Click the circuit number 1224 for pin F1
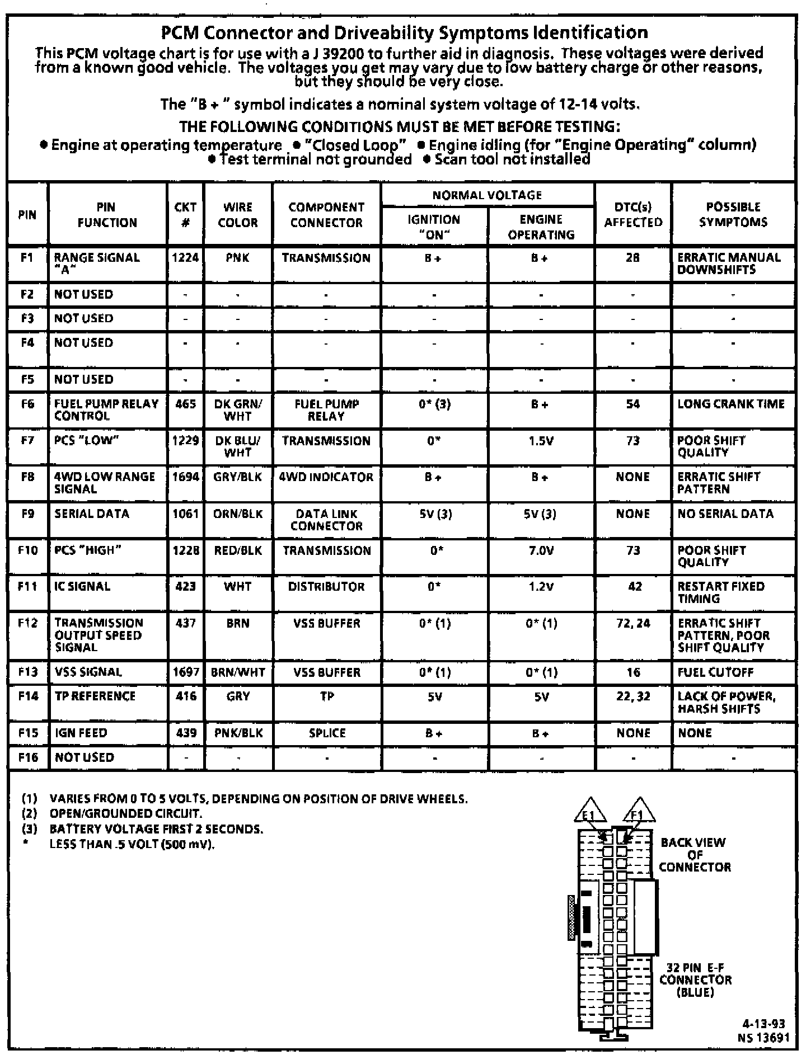pos(185,258)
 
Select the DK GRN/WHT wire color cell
pos(238,410)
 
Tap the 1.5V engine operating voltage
pos(541,441)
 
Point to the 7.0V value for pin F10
pos(541,550)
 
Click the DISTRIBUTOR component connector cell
pos(326,587)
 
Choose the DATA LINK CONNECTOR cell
pos(326,520)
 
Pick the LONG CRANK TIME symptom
pos(731,404)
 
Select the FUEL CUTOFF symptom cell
pos(715,672)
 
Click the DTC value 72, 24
pos(633,623)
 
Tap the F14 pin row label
pos(27,696)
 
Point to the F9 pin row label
pos(27,514)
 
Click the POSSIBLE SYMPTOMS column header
pos(733,214)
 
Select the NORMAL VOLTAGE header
pos(487,195)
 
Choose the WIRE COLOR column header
pos(238,215)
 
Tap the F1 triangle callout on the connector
pos(638,811)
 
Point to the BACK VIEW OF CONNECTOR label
pos(694,854)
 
